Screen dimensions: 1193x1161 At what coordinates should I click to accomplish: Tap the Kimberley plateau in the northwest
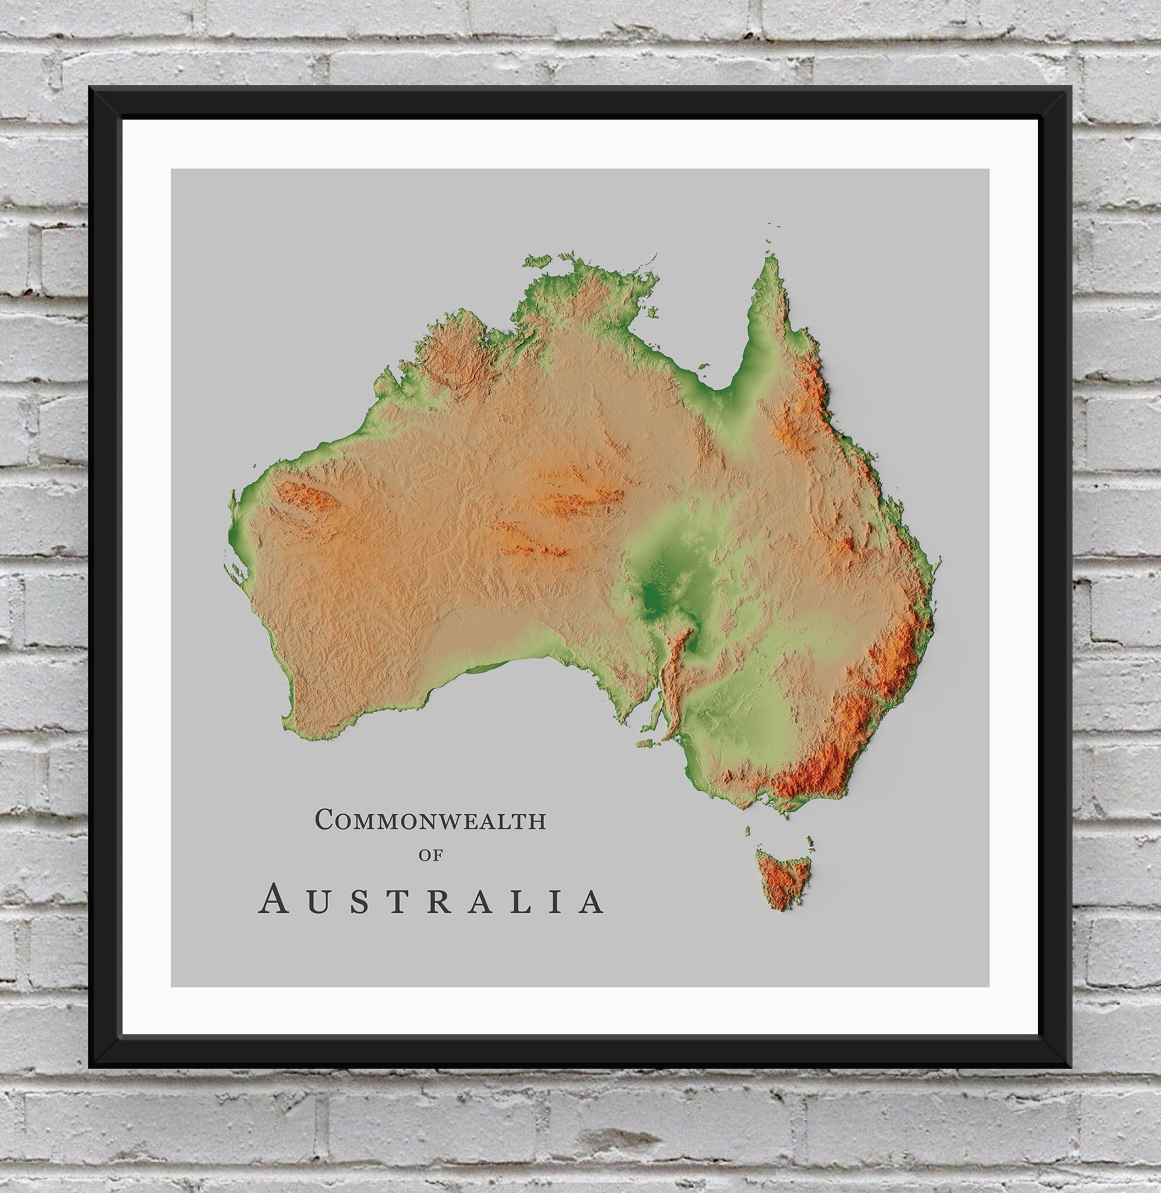coord(454,353)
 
